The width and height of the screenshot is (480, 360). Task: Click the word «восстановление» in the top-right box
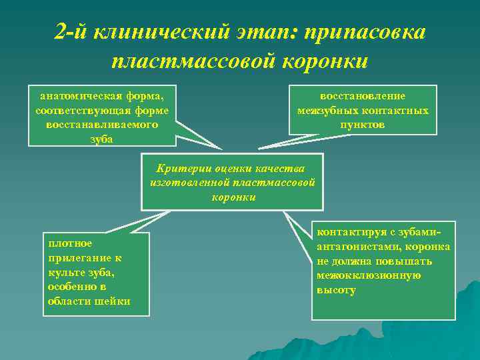point(363,96)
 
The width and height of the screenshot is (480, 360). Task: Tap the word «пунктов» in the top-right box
point(362,125)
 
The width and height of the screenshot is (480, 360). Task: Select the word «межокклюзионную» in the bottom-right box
point(367,276)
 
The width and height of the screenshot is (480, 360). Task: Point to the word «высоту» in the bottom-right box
point(337,291)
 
